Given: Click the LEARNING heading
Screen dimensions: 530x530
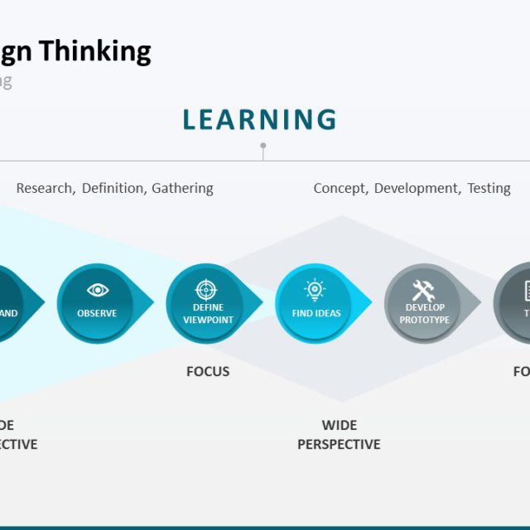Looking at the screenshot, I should click(x=259, y=120).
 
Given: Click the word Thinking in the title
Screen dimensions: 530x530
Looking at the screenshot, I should click(x=96, y=51).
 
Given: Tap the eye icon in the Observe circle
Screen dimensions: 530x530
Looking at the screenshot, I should click(x=98, y=290).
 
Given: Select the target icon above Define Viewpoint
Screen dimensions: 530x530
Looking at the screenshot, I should click(x=207, y=290).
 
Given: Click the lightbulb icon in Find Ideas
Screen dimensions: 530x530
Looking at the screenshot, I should click(x=316, y=290).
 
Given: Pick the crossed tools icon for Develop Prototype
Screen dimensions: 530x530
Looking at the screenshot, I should click(x=424, y=291).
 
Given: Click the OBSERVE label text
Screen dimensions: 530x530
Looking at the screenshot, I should click(x=97, y=314).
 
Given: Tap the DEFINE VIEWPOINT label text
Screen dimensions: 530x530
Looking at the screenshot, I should click(x=208, y=314).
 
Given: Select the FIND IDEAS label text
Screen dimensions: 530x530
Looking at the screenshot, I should click(x=316, y=314).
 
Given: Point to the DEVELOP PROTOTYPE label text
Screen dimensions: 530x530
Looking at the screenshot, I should click(x=425, y=314).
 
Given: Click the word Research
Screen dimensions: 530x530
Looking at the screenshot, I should click(x=45, y=188).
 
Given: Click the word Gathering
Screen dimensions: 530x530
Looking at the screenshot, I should click(x=182, y=188).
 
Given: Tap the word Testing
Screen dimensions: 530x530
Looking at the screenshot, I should click(x=489, y=188).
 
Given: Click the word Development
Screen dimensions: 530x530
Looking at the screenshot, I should click(x=417, y=188).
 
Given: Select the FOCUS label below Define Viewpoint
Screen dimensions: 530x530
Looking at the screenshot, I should click(x=208, y=372).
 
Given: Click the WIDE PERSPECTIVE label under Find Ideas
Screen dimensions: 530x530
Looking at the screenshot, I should click(x=339, y=435).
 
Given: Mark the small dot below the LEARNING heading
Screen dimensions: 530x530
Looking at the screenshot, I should click(x=263, y=146).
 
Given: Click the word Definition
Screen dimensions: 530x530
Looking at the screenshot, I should click(x=113, y=188).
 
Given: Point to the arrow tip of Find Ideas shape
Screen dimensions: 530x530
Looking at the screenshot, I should click(x=370, y=301).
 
